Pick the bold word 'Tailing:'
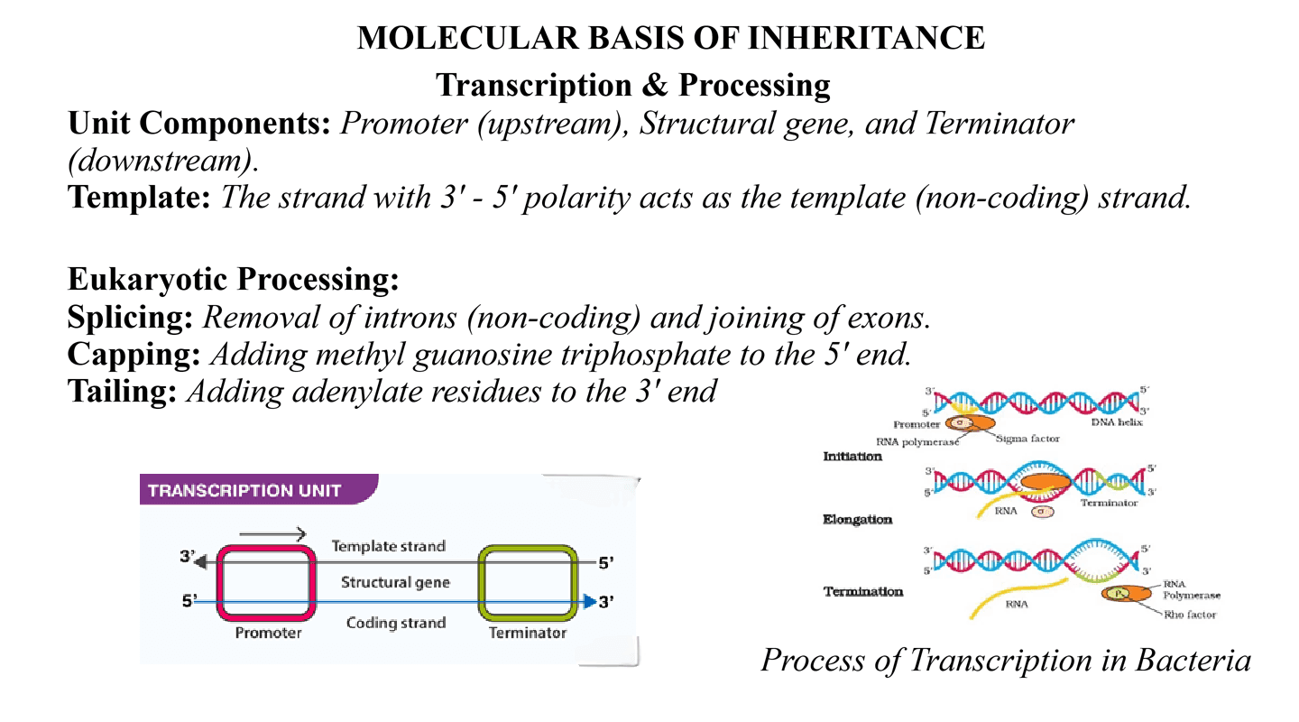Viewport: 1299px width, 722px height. tap(123, 391)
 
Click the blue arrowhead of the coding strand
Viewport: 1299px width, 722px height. tap(589, 601)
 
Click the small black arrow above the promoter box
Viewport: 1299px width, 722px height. tap(273, 534)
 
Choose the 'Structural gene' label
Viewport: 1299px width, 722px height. tap(395, 582)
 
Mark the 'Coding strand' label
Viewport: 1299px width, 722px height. tap(396, 623)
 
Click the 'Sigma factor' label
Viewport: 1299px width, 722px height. tap(1027, 439)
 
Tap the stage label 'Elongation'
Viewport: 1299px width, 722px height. tap(858, 520)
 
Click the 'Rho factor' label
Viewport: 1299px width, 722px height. tap(1189, 615)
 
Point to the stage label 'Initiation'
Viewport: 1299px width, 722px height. tap(852, 457)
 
